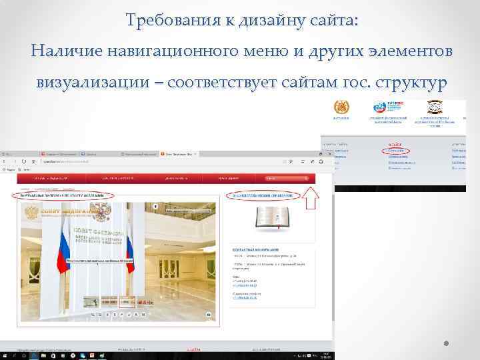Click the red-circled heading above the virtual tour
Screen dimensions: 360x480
(x=63, y=195)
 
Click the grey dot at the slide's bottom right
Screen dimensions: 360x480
(x=447, y=345)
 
